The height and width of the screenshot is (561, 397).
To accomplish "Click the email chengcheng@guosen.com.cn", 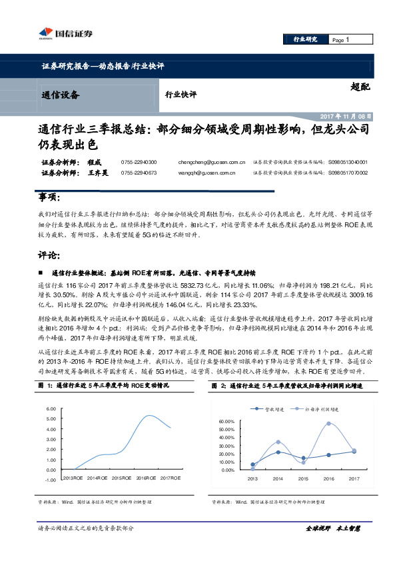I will click(207, 162).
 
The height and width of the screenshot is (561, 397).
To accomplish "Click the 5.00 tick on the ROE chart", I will click(51, 418).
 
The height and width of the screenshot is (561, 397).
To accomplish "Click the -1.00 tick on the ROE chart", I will click(50, 479).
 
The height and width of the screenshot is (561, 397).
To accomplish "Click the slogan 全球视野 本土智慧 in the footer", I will click(332, 528).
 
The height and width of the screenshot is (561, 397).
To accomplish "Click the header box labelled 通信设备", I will click(60, 95).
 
